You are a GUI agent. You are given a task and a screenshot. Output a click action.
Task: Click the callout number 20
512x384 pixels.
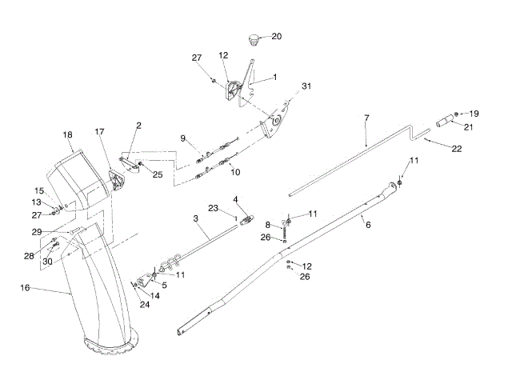pyautogui.click(x=277, y=36)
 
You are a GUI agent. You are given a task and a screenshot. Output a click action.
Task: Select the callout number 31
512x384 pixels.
pyautogui.click(x=307, y=86)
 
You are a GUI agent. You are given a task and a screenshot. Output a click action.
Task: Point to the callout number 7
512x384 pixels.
pyautogui.click(x=366, y=118)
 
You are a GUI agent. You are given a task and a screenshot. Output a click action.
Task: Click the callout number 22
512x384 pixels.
pyautogui.click(x=457, y=149)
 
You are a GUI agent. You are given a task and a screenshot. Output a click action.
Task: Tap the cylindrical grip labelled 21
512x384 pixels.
pyautogui.click(x=443, y=122)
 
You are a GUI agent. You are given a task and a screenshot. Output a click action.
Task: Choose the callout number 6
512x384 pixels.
pyautogui.click(x=367, y=226)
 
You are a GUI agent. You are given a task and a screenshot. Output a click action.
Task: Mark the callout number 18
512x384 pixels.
pyautogui.click(x=67, y=135)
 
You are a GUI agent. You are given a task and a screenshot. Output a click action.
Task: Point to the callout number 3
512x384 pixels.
pyautogui.click(x=195, y=218)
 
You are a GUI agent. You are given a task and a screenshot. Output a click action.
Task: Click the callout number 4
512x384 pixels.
pyautogui.click(x=236, y=198)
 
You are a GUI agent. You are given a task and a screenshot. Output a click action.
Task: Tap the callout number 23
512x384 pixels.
pyautogui.click(x=214, y=208)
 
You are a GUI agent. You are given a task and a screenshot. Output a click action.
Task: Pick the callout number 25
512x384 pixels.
pyautogui.click(x=158, y=174)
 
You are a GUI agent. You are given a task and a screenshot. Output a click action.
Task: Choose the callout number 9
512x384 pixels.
pyautogui.click(x=183, y=138)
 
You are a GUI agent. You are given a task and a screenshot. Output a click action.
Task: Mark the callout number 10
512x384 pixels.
pyautogui.click(x=235, y=172)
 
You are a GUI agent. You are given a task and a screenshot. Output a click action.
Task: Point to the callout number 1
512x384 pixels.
pyautogui.click(x=274, y=77)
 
